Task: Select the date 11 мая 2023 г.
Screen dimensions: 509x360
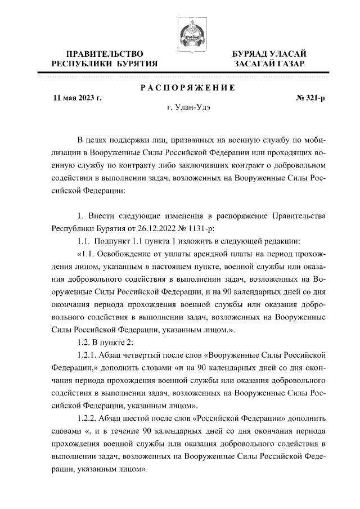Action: pyautogui.click(x=76, y=97)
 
